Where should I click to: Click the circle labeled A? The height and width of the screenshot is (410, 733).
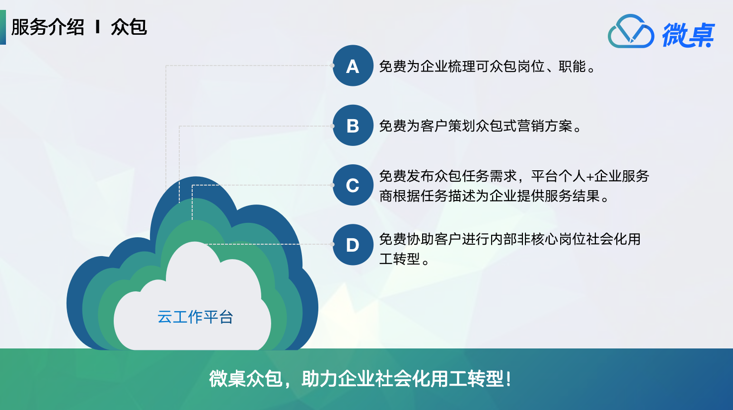tap(353, 66)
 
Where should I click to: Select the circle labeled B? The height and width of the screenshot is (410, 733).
tap(353, 125)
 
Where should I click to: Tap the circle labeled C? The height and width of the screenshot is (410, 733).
tap(353, 185)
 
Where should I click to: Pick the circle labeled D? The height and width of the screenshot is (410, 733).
tap(353, 245)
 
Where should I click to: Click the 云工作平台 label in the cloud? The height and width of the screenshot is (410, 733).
tap(195, 317)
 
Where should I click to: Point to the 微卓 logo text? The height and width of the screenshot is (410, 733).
tap(688, 35)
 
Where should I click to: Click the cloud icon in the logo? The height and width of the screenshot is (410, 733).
tap(631, 31)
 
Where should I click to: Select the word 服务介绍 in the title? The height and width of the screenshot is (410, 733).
tap(48, 27)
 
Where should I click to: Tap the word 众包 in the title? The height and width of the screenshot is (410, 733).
tap(129, 27)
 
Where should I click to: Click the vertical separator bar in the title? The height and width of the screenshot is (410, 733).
tap(97, 27)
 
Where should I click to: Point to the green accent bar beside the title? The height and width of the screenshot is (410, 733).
tap(3, 27)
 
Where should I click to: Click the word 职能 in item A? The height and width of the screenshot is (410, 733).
tap(572, 67)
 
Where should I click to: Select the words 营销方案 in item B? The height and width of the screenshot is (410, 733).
tap(545, 126)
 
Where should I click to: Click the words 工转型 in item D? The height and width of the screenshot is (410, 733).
tap(400, 259)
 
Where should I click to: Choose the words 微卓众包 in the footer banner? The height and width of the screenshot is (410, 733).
tap(245, 379)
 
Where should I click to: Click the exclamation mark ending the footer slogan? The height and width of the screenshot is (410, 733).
tap(508, 379)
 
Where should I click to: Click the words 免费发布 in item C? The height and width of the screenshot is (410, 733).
tap(406, 176)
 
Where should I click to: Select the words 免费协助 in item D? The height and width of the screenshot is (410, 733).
tap(406, 239)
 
